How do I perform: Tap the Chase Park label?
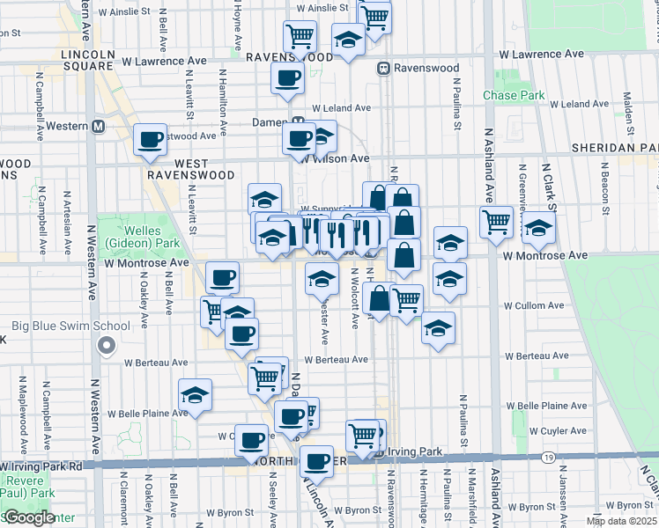click(507, 95)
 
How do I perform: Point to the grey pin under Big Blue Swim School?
click(107, 345)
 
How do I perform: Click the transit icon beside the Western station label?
click(99, 126)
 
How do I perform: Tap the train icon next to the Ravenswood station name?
click(383, 68)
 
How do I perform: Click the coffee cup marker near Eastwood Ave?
click(150, 139)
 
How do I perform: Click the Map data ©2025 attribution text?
click(622, 521)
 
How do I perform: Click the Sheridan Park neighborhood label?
click(615, 148)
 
